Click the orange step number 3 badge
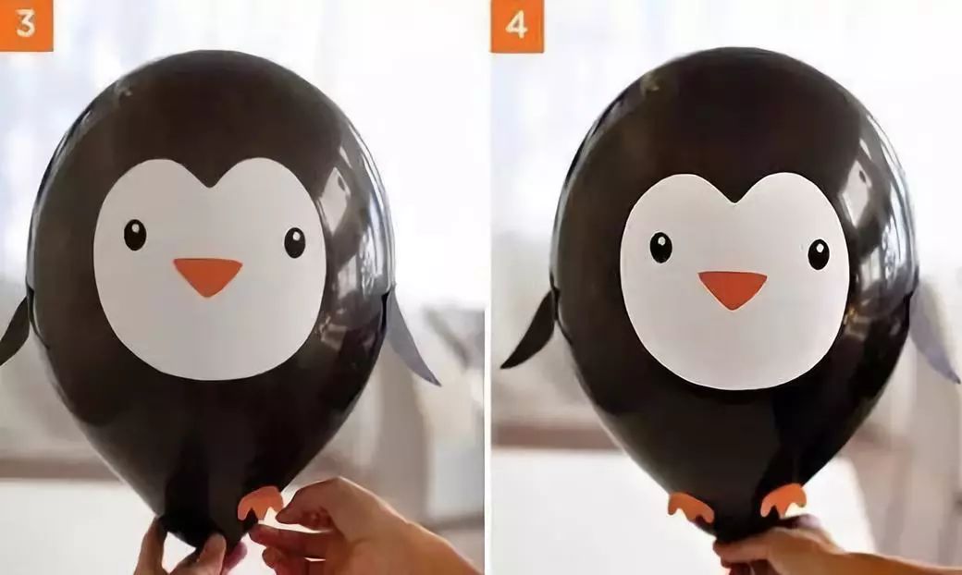coord(27,25)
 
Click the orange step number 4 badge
coord(516,26)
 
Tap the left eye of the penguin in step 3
coord(135,235)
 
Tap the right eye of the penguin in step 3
coord(294,243)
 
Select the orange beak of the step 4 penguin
coord(733,288)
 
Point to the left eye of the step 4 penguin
coord(660,248)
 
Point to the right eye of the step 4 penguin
coord(819,254)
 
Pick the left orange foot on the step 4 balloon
coord(690,506)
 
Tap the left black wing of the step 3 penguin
coord(16,332)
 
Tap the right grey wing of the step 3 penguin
coord(410,339)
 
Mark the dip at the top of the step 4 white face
coord(734,202)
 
